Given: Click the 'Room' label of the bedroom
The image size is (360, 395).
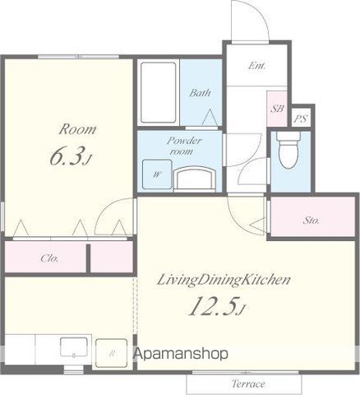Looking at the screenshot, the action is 77,129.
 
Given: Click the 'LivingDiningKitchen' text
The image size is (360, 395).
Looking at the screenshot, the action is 224,281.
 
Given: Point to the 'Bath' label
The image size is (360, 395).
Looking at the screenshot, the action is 201,93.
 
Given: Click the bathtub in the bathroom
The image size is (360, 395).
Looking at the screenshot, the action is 158,92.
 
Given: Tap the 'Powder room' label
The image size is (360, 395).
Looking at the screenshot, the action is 184,146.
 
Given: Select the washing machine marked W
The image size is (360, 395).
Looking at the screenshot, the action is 157,174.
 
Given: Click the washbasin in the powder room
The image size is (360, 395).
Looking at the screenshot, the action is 195,179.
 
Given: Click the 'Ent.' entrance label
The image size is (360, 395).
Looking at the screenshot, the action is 257,66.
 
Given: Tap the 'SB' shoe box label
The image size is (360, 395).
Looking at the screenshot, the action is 277,109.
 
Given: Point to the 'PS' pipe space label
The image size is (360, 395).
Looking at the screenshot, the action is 302,119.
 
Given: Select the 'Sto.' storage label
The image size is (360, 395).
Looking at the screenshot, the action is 312,220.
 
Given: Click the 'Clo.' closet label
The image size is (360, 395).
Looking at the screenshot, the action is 49,258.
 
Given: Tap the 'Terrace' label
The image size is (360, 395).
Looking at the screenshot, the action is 248,383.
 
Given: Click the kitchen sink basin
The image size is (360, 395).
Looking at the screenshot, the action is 74,347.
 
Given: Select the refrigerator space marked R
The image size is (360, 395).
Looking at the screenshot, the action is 111,353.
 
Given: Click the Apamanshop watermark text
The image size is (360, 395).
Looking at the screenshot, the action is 181,354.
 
